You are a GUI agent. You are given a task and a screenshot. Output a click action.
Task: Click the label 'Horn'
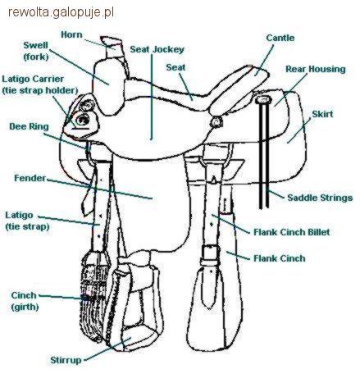click(x=71, y=34)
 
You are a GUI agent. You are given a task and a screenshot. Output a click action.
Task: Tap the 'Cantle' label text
click(x=280, y=38)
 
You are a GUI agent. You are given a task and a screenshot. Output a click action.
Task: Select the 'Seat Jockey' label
click(x=157, y=49)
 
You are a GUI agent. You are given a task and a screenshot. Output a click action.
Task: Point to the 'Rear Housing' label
click(x=316, y=69)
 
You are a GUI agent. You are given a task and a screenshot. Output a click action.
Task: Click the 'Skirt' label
click(x=322, y=114)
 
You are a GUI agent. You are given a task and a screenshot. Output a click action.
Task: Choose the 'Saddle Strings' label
click(x=320, y=198)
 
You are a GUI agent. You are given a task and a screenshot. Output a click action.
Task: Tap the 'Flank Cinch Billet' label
click(x=292, y=232)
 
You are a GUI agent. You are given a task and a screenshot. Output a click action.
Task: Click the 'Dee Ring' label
click(x=29, y=126)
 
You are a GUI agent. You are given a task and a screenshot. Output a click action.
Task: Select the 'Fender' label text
click(x=30, y=178)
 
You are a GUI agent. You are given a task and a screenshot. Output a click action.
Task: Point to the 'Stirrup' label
click(x=66, y=360)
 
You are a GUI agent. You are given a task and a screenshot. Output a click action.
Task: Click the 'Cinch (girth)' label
click(x=25, y=301)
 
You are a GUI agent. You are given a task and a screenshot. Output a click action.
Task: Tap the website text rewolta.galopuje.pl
click(x=61, y=12)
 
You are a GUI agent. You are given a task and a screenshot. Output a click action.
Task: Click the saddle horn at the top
click(x=112, y=46)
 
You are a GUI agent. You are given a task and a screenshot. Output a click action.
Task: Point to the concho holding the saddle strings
click(x=263, y=99)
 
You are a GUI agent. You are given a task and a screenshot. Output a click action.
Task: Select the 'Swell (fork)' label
click(x=36, y=51)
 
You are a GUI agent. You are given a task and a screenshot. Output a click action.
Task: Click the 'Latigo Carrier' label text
click(x=33, y=79)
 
